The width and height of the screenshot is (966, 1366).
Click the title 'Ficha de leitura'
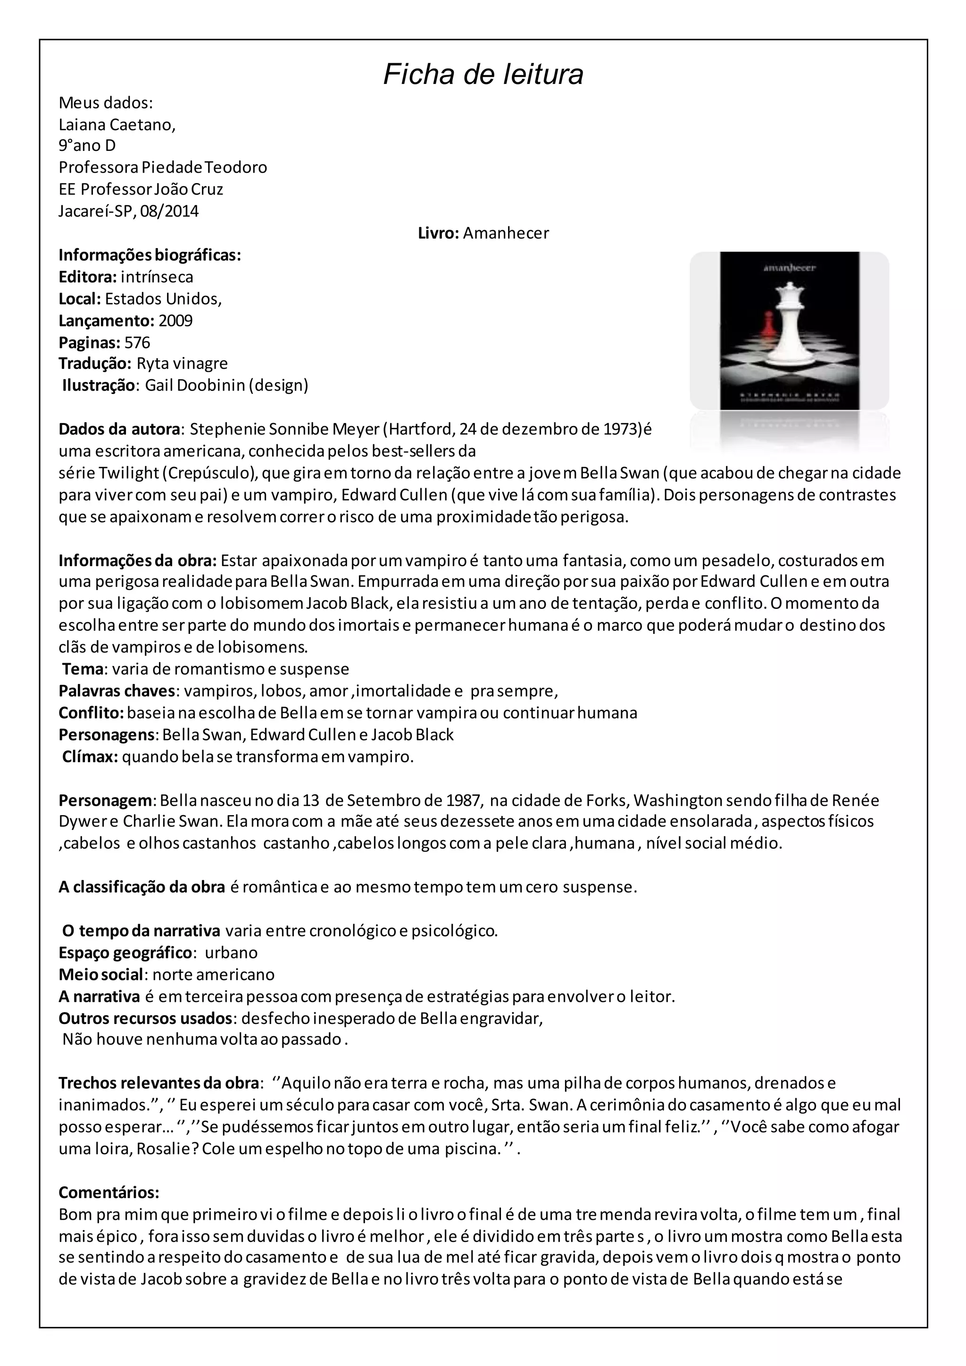tap(483, 75)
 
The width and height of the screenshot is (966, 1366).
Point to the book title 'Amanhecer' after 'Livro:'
tap(506, 233)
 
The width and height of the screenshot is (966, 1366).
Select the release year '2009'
tap(175, 321)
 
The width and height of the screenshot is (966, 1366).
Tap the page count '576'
tap(137, 343)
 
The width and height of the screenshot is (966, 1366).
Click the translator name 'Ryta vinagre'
tap(182, 364)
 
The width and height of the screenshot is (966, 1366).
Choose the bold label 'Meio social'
tap(101, 975)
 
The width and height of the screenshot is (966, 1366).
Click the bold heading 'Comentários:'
tap(109, 1192)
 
